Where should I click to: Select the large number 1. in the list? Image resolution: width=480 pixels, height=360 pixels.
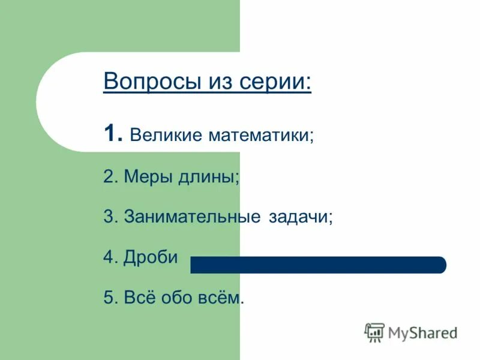point(113,133)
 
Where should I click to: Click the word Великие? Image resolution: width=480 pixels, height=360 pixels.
point(165,135)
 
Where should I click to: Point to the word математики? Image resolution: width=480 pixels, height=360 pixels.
point(260,135)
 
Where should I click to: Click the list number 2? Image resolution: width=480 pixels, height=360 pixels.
point(110,177)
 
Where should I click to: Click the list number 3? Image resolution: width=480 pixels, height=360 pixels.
point(110,217)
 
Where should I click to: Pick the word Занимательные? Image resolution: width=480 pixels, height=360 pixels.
point(191,217)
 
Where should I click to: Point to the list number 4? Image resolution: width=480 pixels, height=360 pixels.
point(110,257)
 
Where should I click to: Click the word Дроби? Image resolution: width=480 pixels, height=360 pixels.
point(151,257)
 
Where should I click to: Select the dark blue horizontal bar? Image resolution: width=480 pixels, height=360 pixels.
point(318,265)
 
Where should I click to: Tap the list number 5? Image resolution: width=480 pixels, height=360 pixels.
point(110,297)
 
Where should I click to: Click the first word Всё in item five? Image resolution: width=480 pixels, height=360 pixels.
point(140,297)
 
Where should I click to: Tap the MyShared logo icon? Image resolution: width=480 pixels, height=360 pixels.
point(374,332)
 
